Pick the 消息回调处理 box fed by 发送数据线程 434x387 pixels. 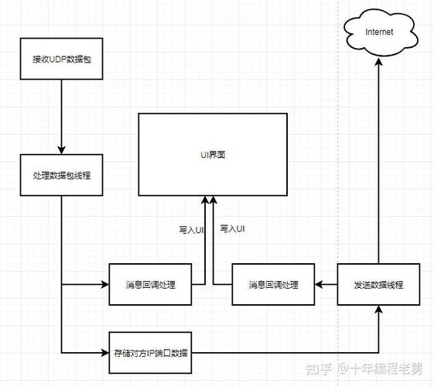[x=273, y=285]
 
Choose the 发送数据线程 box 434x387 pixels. [x=378, y=285]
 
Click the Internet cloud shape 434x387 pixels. [x=379, y=33]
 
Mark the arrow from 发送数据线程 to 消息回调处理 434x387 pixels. [x=326, y=285]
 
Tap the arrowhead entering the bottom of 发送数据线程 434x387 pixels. [x=379, y=311]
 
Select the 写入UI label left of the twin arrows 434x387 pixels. [x=190, y=230]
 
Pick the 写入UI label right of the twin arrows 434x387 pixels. [x=232, y=229]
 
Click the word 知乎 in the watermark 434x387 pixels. [x=320, y=369]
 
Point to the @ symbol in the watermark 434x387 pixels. [x=341, y=369]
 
